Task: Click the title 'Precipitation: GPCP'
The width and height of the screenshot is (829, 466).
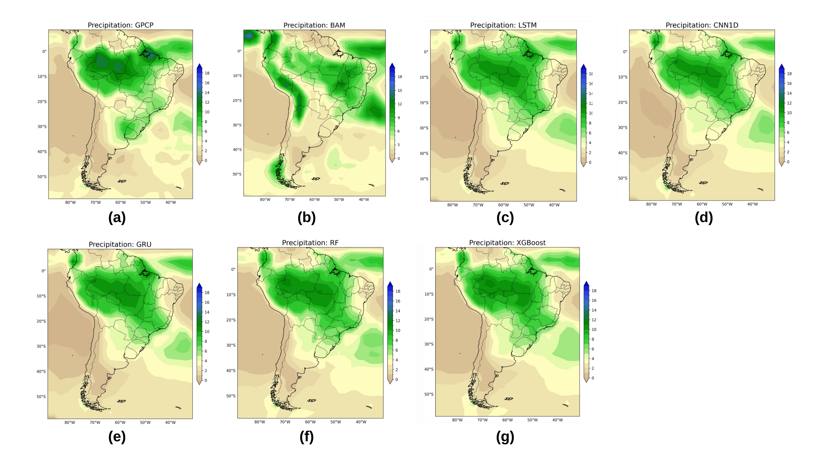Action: pos(120,25)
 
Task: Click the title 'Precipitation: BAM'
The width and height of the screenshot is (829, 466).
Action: pos(314,25)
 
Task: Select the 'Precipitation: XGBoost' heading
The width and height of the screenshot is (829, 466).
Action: pos(507,243)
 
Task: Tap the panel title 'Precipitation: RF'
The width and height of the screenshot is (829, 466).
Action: pos(310,243)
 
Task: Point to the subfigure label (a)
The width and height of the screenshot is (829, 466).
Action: pos(117,218)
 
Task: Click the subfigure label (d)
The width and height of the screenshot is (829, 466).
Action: pos(704,218)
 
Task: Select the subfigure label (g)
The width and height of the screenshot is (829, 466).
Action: pos(505,437)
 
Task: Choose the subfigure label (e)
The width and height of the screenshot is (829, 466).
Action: pos(117,437)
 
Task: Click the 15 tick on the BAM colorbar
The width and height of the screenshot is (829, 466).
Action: pos(400,90)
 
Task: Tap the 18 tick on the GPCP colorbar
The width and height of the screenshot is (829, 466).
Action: pos(207,73)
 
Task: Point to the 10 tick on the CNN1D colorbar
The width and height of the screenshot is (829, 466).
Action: pos(789,113)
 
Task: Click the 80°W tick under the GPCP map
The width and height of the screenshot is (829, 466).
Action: pos(71,203)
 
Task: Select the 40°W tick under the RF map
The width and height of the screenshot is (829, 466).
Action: pos(361,422)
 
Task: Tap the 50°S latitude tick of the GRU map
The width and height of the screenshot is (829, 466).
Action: pos(41,397)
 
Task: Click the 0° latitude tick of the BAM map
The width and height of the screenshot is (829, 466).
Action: pos(239,51)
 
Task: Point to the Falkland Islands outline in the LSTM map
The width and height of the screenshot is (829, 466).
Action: pos(505,183)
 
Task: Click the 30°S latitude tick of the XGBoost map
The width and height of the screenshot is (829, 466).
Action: pos(429,344)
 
